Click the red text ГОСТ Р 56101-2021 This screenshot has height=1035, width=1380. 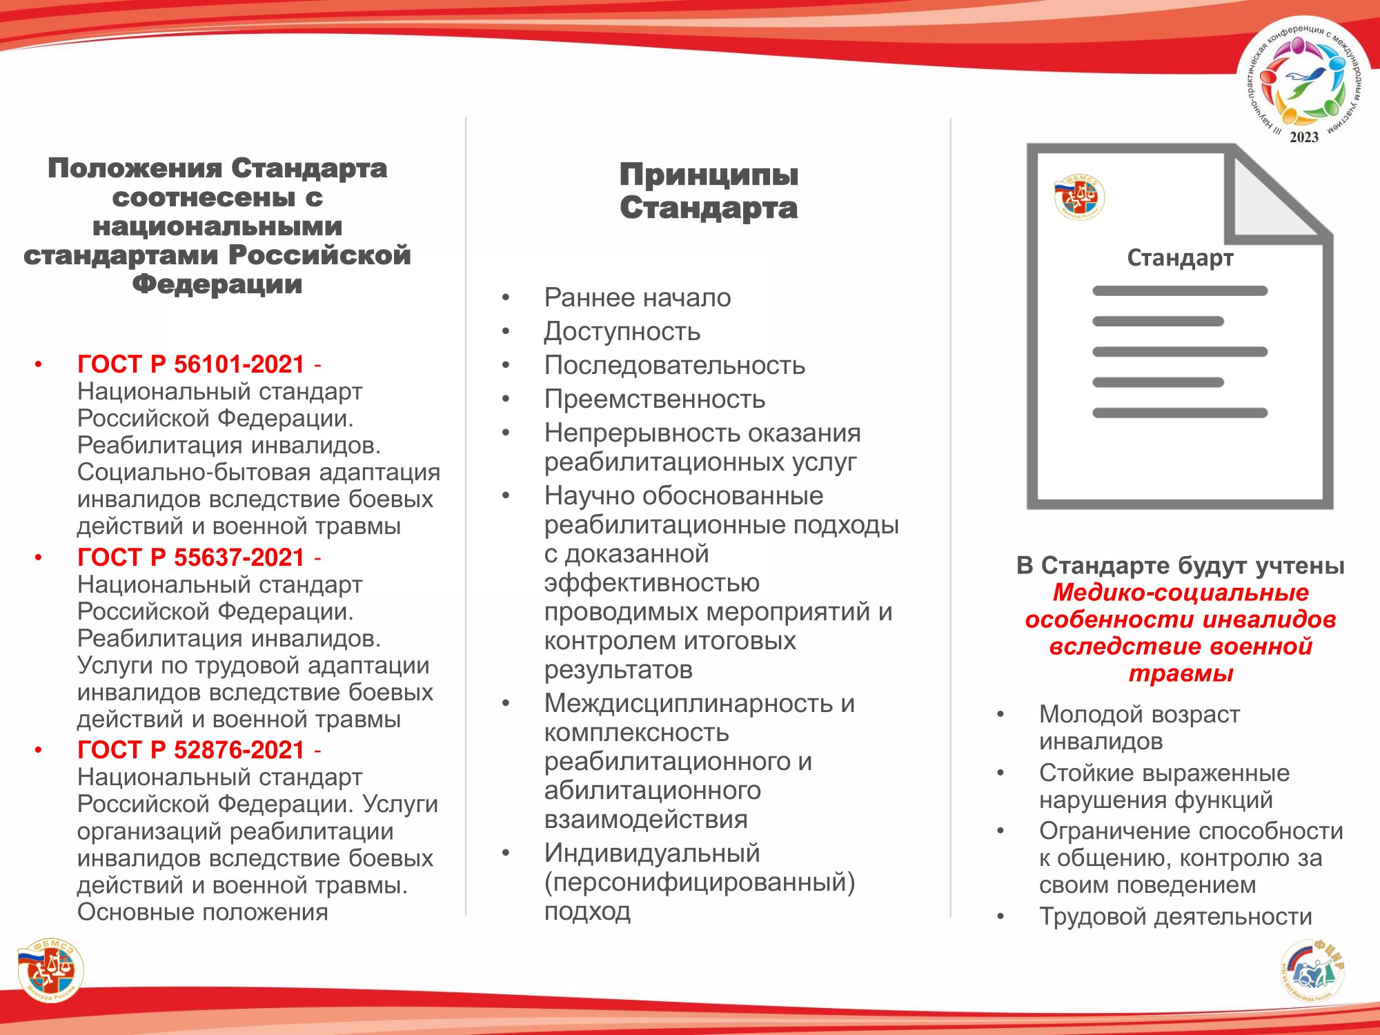190,364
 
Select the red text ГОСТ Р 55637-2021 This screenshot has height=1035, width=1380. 190,558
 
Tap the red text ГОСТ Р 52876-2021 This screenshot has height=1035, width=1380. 190,750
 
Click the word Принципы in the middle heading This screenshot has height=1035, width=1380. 709,175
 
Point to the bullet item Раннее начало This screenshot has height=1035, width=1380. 637,298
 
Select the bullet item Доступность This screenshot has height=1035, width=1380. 622,332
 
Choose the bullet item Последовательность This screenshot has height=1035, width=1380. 674,366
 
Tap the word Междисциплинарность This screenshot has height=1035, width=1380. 688,704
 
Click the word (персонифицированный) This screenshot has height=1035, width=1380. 699,883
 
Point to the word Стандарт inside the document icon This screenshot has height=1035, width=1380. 1180,258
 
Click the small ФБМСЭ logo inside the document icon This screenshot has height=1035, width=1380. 1079,197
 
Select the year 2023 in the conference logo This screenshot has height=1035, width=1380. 1303,137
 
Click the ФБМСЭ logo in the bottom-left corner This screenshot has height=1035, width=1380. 50,969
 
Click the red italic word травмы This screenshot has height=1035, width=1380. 1181,673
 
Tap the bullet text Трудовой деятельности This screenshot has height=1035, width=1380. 1175,917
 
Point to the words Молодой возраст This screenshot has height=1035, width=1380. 1139,715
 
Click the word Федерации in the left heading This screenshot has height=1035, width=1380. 217,284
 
